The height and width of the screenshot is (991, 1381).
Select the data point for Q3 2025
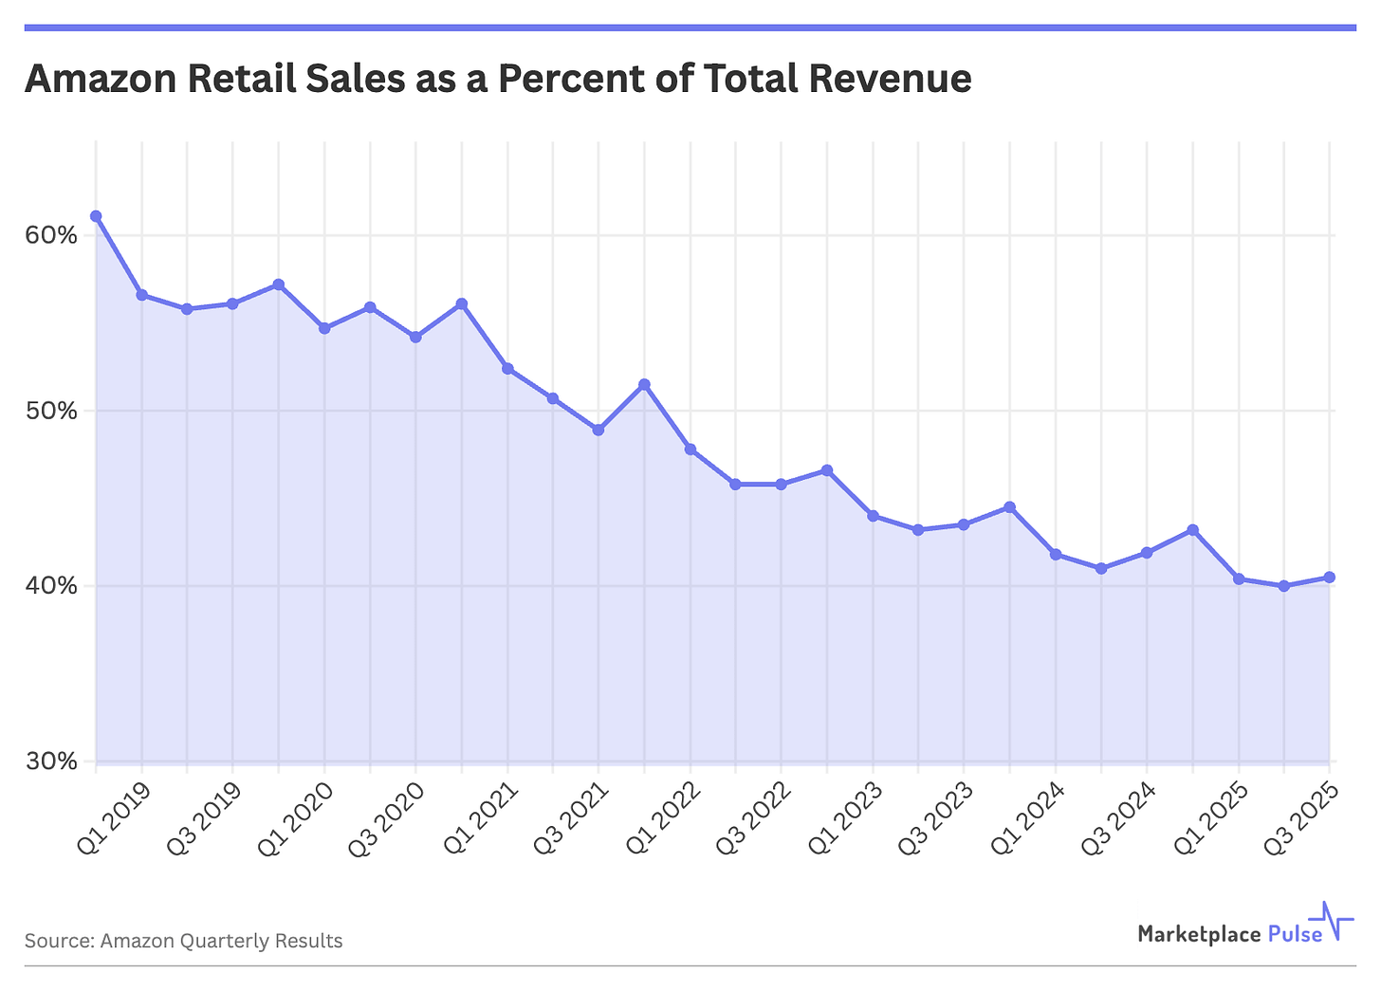click(x=1330, y=578)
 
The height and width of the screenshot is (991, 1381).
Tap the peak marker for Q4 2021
click(x=644, y=384)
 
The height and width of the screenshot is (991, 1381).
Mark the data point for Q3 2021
click(x=598, y=430)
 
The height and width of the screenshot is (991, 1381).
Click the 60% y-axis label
click(x=50, y=235)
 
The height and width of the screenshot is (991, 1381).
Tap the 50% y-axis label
click(x=50, y=411)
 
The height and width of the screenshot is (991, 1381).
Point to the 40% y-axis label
click(x=50, y=586)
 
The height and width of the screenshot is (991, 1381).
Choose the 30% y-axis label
click(x=50, y=762)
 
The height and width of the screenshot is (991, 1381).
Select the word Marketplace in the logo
click(x=1198, y=934)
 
